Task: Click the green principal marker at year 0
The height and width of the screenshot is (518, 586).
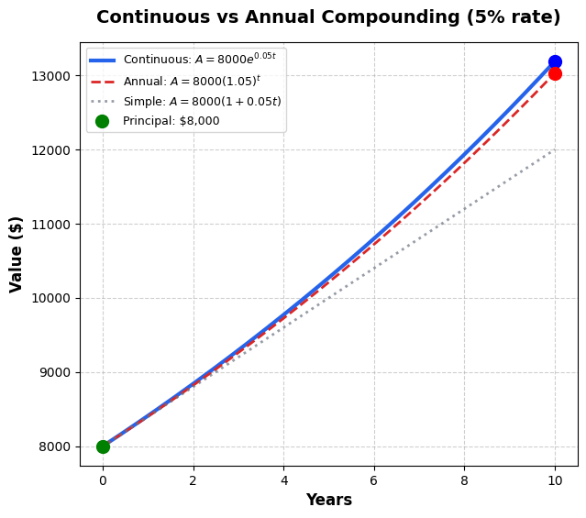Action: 103,446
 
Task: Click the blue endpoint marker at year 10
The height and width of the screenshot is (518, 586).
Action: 555,62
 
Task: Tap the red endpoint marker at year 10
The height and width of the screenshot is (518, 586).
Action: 555,73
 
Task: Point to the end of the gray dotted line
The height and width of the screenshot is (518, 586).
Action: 554,149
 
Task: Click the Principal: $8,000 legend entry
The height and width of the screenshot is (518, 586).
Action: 171,121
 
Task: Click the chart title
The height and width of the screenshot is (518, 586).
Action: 328,17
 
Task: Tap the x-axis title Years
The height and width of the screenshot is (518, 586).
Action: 328,500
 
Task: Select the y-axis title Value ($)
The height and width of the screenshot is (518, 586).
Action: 17,254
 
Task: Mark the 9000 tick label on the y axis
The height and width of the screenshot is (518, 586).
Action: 58,373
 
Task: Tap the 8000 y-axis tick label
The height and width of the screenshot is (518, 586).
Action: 58,447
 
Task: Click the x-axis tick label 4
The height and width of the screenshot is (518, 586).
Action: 283,480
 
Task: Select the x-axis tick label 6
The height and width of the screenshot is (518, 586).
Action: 374,480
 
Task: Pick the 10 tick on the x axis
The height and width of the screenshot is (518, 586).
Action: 555,480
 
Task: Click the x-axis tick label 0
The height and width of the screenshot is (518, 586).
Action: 103,480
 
